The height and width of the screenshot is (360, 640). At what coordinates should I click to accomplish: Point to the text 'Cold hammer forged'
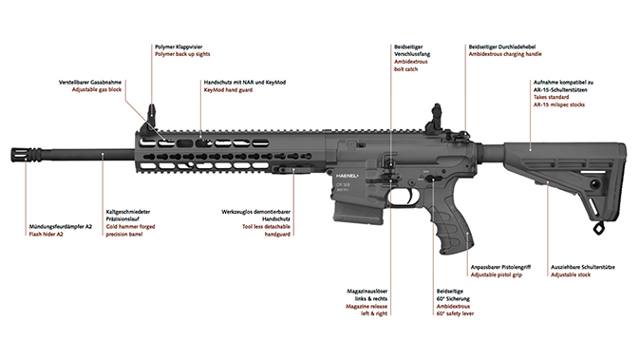pyautogui.click(x=133, y=225)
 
